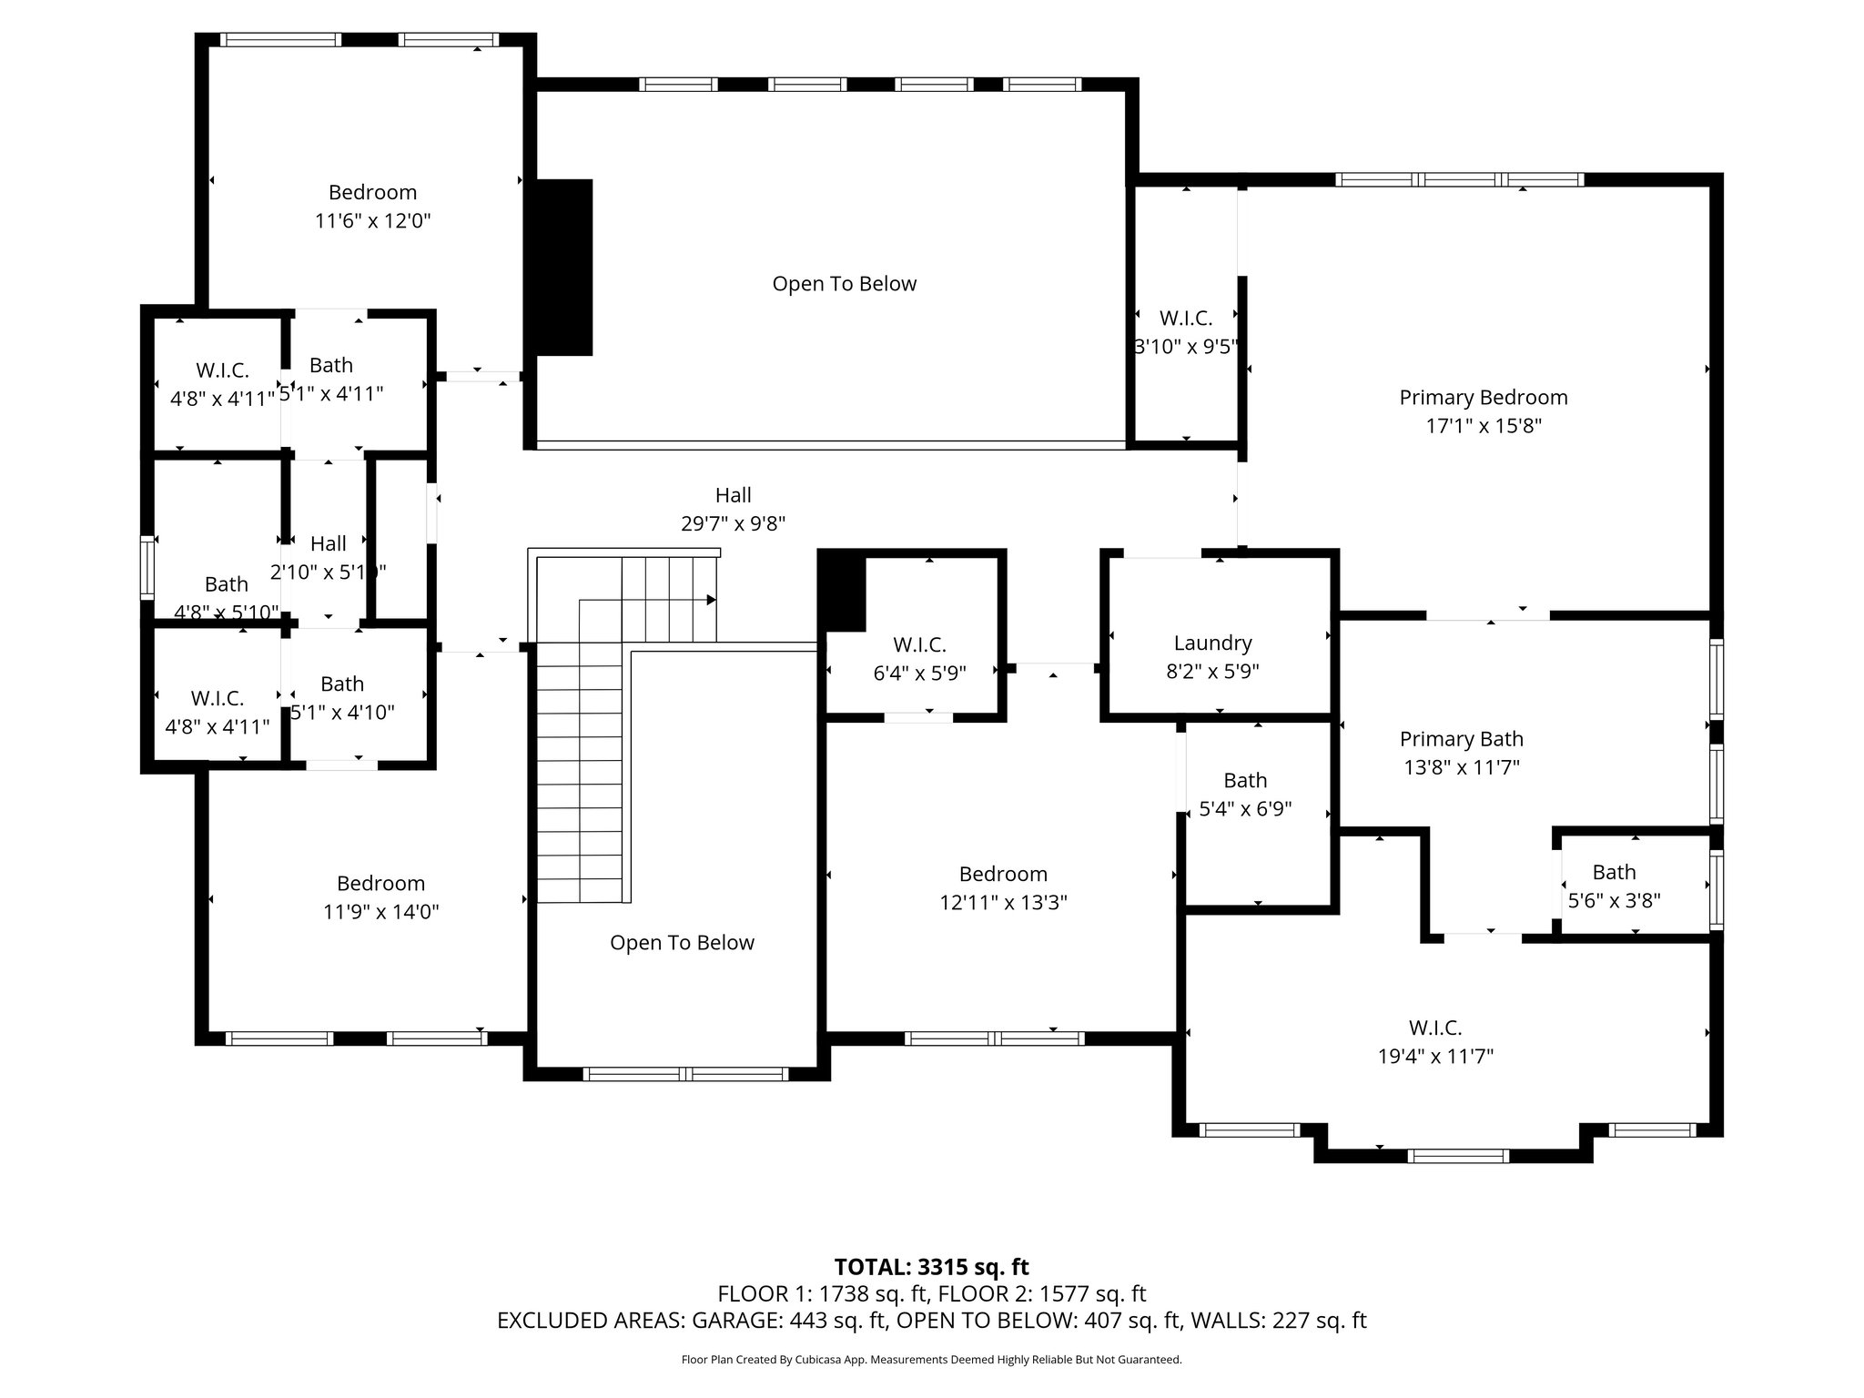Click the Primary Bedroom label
1483,398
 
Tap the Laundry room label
1212,643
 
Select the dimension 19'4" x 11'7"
1435,1057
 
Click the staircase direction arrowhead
712,600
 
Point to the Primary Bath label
1461,739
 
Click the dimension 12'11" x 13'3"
1003,903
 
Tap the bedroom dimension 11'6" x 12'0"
372,221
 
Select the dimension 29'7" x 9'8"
733,524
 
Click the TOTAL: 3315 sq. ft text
931,1267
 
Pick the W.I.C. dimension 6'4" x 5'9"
919,674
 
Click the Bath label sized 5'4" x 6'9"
1245,781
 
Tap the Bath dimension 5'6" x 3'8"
1614,901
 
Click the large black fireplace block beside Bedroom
563,267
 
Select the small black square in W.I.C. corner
842,593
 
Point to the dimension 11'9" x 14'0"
380,912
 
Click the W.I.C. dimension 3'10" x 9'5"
1186,347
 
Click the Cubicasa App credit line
931,1360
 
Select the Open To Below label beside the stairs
682,943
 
